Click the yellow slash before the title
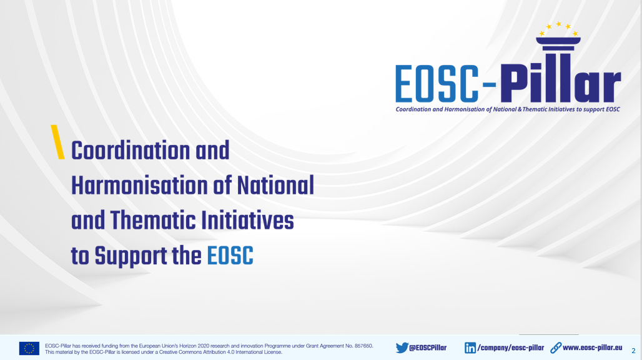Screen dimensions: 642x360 (x=57, y=142)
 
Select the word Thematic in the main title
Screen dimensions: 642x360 (x=152, y=221)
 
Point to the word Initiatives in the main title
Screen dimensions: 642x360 (x=247, y=221)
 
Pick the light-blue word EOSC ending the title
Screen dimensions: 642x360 (x=230, y=256)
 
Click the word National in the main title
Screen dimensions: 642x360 (x=275, y=186)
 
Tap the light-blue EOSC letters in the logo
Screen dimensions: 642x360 (x=437, y=84)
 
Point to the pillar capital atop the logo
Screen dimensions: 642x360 (x=558, y=43)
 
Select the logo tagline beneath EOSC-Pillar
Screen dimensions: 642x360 (x=508, y=109)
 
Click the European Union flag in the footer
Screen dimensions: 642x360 (x=29, y=349)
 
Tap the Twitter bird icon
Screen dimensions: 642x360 (x=402, y=347)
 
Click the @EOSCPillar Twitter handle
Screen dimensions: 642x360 (x=428, y=347)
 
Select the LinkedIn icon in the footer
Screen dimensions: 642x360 (x=470, y=347)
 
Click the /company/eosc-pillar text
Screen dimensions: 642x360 (x=511, y=348)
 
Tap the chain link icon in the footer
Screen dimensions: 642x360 (x=556, y=347)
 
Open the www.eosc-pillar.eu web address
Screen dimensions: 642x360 (x=593, y=347)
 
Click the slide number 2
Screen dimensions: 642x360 (x=633, y=351)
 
